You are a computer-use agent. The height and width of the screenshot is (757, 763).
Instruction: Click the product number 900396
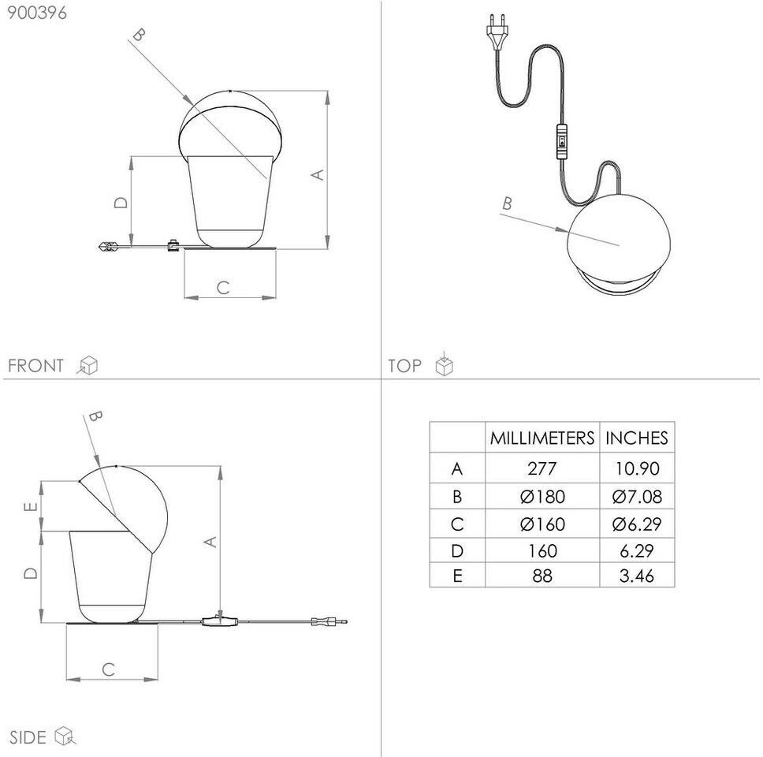tap(37, 13)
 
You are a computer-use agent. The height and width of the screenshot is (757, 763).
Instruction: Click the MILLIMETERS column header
tap(542, 438)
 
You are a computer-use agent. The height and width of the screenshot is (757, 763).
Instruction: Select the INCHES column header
tap(636, 438)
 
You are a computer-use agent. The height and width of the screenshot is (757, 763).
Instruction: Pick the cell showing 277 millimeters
tap(542, 468)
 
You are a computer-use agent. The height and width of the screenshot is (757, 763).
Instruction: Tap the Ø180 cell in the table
tap(542, 497)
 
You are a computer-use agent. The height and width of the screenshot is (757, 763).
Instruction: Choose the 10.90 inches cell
tap(637, 468)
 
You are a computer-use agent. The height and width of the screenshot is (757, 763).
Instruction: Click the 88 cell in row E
tap(542, 576)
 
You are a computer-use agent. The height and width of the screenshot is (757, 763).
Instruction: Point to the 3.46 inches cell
tap(637, 576)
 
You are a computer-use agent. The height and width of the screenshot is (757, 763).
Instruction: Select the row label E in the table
tap(457, 576)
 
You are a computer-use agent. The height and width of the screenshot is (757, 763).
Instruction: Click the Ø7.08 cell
tap(637, 497)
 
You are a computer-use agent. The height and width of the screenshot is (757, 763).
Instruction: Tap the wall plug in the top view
tap(497, 32)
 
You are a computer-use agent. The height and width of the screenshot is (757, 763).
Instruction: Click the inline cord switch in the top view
tap(561, 142)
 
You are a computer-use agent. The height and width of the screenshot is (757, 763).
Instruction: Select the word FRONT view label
tap(36, 366)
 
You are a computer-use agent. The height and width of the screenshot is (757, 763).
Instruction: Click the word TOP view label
tap(404, 366)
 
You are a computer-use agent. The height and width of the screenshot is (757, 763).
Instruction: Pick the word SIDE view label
tap(28, 737)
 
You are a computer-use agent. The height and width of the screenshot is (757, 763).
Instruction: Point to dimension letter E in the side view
tap(30, 507)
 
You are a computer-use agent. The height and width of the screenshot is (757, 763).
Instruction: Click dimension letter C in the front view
tap(223, 288)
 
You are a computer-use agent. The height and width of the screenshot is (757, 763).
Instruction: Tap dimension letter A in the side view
tap(210, 542)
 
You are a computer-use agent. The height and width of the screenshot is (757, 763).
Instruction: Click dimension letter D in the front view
tap(121, 202)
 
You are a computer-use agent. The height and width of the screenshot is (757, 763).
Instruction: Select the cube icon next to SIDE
tap(65, 736)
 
